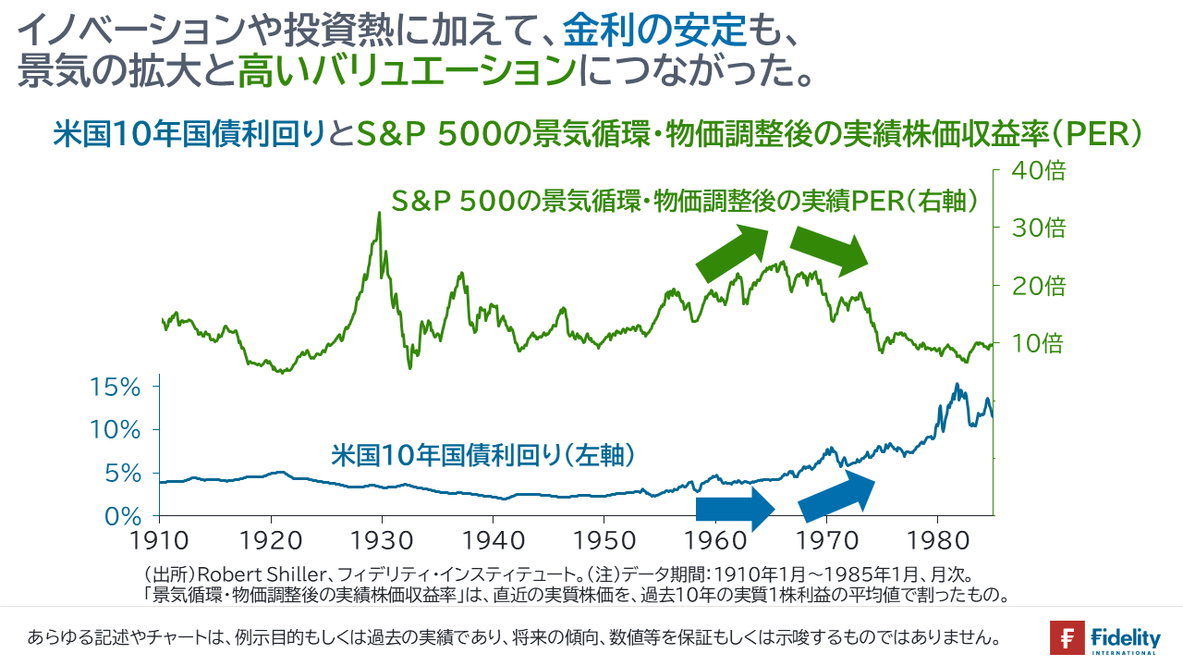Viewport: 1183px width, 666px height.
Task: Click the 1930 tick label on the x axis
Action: [x=382, y=541]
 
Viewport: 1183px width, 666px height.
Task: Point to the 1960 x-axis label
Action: [x=715, y=541]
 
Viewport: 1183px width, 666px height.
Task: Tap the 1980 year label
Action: [x=938, y=541]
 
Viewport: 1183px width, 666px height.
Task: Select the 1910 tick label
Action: [x=159, y=541]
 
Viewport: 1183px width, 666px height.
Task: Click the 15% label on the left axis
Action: [x=116, y=388]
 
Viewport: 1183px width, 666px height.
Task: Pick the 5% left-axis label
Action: [x=123, y=474]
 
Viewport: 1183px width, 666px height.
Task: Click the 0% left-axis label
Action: [x=123, y=516]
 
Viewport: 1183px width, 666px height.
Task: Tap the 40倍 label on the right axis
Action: [x=1038, y=171]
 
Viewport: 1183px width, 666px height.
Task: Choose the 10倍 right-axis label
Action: [x=1037, y=343]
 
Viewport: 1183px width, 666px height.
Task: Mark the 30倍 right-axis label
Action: [x=1038, y=228]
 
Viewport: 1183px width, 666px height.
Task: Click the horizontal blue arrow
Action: [x=735, y=509]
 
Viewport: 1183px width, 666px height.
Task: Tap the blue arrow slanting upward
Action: [x=836, y=496]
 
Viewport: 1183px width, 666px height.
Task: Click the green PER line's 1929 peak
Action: [x=379, y=213]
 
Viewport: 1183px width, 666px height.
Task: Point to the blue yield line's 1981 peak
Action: [x=957, y=384]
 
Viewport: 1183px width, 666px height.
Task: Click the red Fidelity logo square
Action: [x=1067, y=637]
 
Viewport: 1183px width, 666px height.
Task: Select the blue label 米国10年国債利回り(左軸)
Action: [x=482, y=455]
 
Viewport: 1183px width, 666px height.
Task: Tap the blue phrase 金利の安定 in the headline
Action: [x=655, y=31]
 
